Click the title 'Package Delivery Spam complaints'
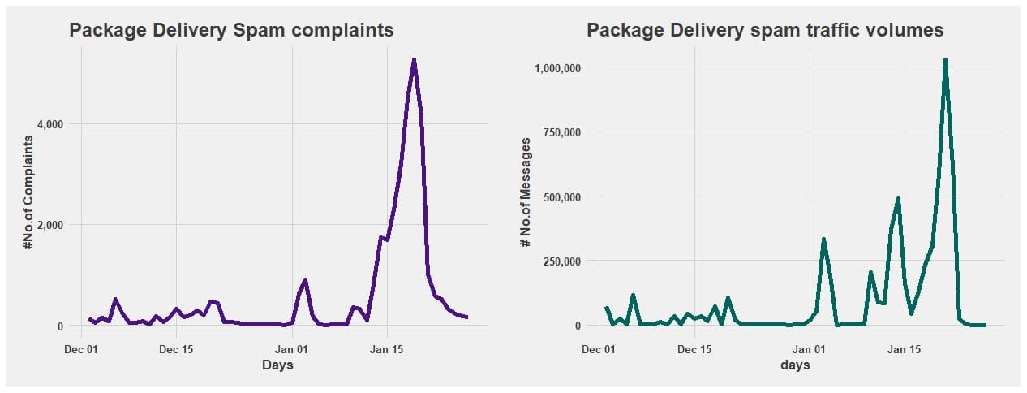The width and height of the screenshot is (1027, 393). point(231,30)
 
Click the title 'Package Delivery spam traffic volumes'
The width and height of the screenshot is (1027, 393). point(765,30)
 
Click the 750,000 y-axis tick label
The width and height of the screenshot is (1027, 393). point(561,132)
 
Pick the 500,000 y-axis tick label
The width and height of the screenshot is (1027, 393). point(561,196)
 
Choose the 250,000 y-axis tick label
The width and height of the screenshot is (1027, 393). point(561,261)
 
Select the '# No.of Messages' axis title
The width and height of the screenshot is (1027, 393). point(526,192)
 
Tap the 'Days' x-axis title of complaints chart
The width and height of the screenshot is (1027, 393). point(277,365)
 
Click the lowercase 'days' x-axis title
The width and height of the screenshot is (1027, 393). point(795,365)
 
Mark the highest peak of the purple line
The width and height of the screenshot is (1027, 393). point(414,60)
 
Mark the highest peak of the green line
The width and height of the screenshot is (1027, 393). point(945,59)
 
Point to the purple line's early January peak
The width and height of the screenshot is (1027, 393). point(305,280)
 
